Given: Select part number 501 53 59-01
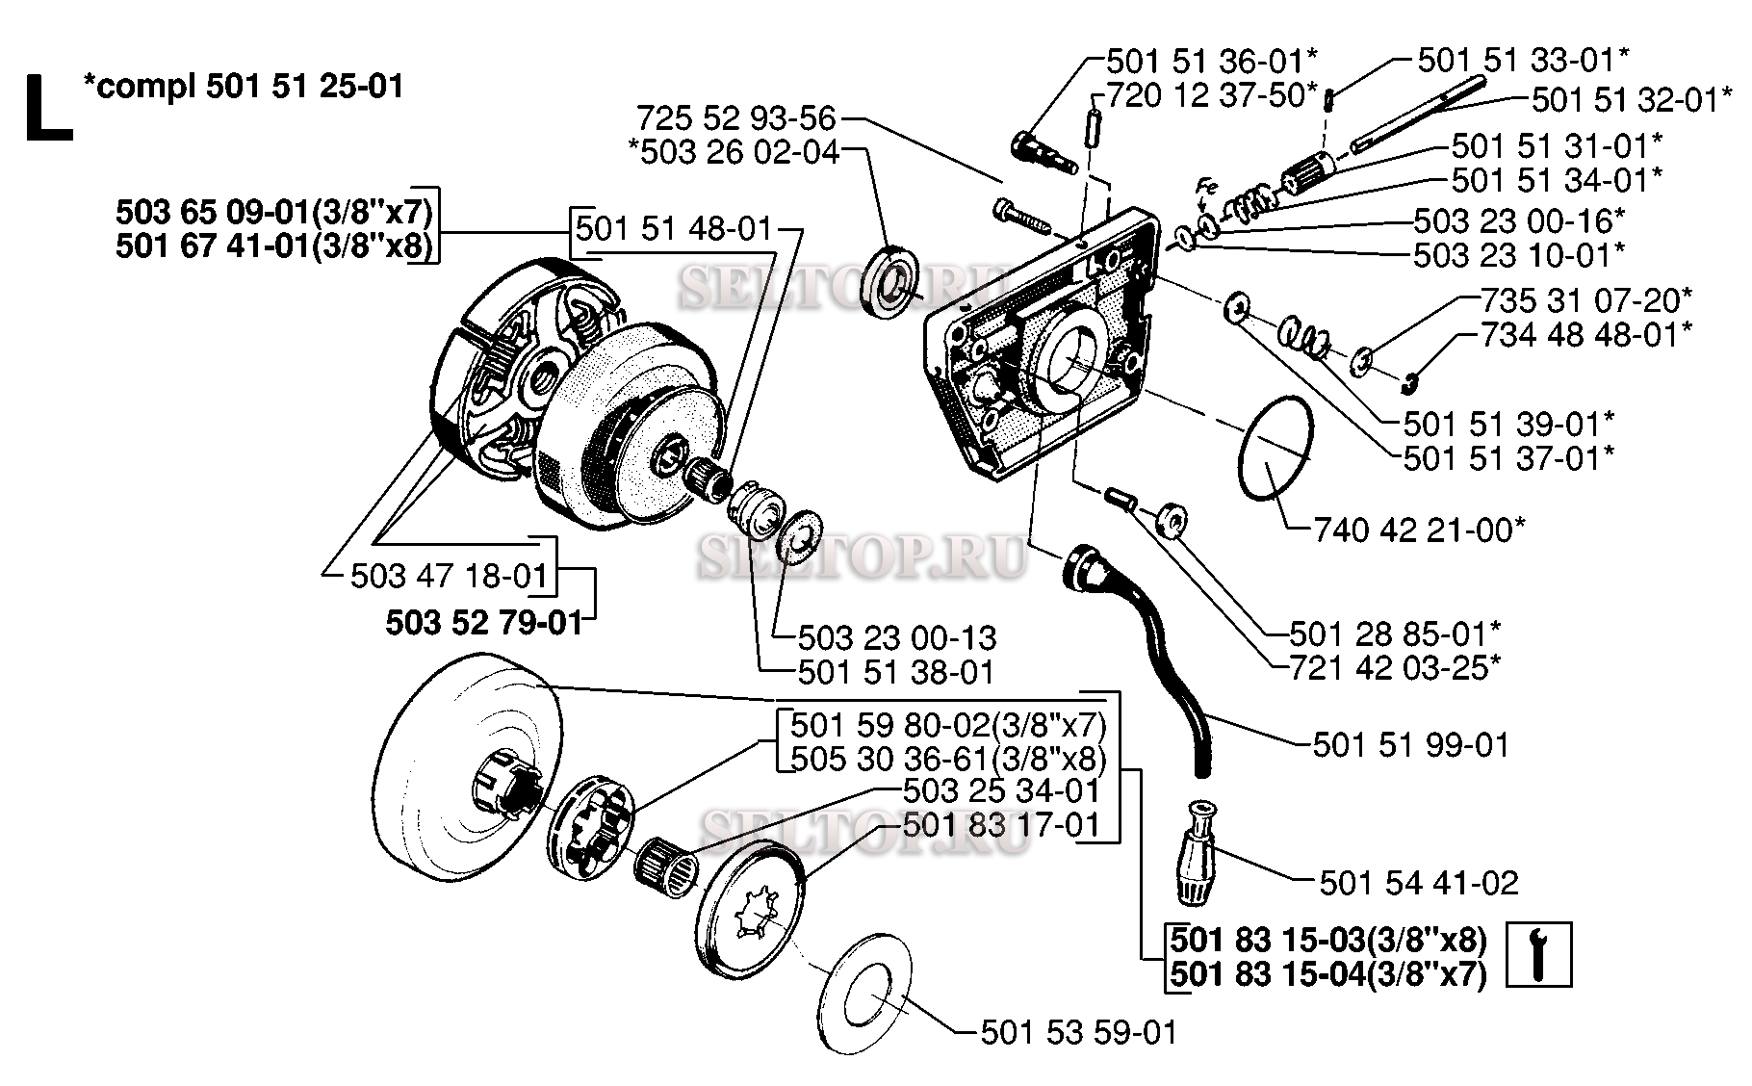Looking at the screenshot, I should coord(1078,1033).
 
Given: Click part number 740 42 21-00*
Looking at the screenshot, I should coord(1419,529).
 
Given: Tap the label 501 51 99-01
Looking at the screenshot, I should coord(1411,744).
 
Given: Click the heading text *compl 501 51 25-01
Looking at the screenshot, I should coord(244,87).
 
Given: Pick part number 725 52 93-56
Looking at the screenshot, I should coord(735,118).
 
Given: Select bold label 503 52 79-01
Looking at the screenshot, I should coord(484,623).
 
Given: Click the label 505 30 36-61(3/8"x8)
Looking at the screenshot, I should coord(947,759).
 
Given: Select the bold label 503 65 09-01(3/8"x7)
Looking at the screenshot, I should coord(274,211).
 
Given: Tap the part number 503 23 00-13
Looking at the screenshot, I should coord(897,637).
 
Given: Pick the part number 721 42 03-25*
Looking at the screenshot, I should coord(1387,666).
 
